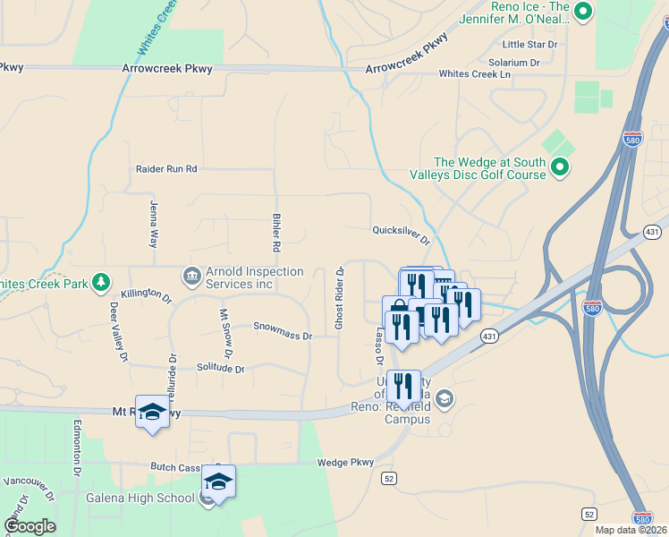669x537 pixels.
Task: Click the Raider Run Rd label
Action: coord(166,168)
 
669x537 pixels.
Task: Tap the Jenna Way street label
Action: coord(154,225)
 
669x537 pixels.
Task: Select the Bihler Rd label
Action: coord(276,233)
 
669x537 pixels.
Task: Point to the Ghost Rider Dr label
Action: coord(340,298)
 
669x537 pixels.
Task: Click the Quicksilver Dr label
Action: coord(402,234)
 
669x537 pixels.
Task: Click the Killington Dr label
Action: coord(146,294)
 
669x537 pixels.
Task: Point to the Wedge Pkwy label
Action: coord(345,463)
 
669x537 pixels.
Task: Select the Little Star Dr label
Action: coord(530,44)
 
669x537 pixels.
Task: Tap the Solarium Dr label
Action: coord(514,63)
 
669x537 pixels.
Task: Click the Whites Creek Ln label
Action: coord(474,74)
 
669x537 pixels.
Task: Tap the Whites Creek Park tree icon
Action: coord(103,284)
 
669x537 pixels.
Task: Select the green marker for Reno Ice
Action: coord(583,12)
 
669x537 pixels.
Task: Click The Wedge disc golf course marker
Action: coord(560,166)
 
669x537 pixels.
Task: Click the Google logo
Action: coord(30,525)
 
